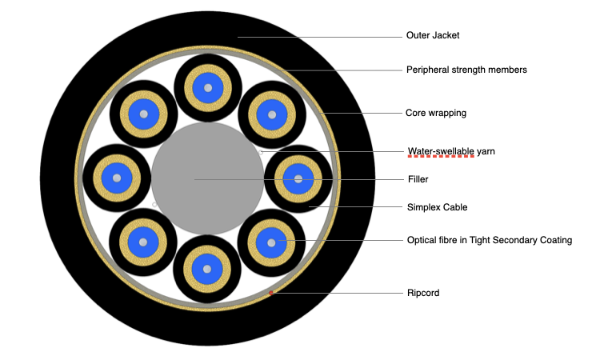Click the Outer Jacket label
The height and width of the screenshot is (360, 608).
433,36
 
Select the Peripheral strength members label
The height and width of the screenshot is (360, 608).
466,70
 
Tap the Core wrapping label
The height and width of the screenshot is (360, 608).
436,113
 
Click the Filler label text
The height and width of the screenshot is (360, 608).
418,179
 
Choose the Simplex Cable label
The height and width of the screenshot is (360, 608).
437,207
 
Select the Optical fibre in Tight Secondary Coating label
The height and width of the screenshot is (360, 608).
489,240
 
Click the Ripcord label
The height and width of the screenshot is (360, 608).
423,294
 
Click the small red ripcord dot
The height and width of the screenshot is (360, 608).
271,293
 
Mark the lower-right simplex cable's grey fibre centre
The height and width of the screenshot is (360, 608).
271,242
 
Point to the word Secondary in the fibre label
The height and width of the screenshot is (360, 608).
516,240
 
